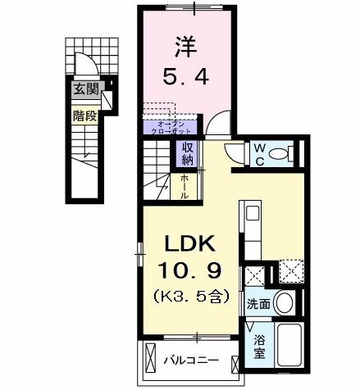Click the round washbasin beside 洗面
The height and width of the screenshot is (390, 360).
[285, 302]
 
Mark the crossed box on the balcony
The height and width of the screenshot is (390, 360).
[151, 359]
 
